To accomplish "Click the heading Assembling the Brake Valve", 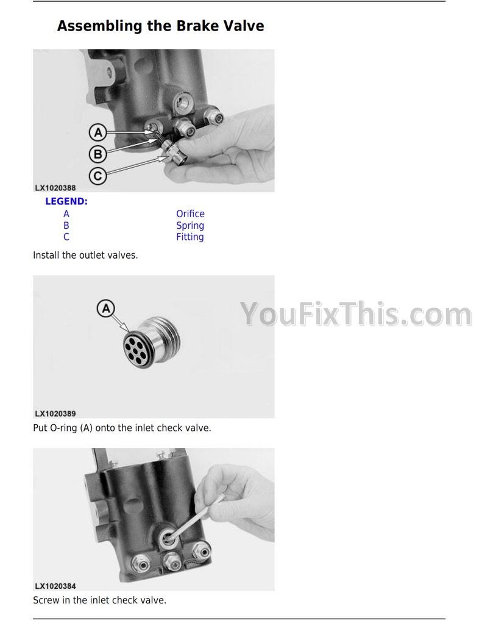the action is point(160,26).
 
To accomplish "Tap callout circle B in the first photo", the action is point(98,154).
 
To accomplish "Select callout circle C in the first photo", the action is point(98,176).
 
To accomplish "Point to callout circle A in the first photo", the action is point(98,132).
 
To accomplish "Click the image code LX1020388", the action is point(55,188).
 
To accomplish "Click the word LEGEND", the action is point(66,201).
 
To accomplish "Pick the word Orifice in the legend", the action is point(191,214).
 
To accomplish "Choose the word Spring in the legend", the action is point(190,226).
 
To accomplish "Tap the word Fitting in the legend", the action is point(190,237).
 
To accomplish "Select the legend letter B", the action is point(66,226).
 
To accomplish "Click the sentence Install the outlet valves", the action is point(85,256).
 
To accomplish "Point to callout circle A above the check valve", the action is point(106,308).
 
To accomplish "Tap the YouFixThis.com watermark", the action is point(356,314).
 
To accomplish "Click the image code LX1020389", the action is point(55,414).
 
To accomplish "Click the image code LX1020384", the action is point(55,586).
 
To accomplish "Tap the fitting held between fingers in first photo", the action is point(175,153).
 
